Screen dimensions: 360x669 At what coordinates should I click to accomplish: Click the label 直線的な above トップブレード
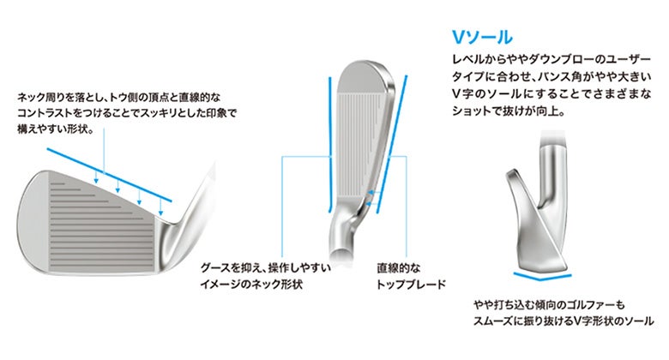tap(399, 267)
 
